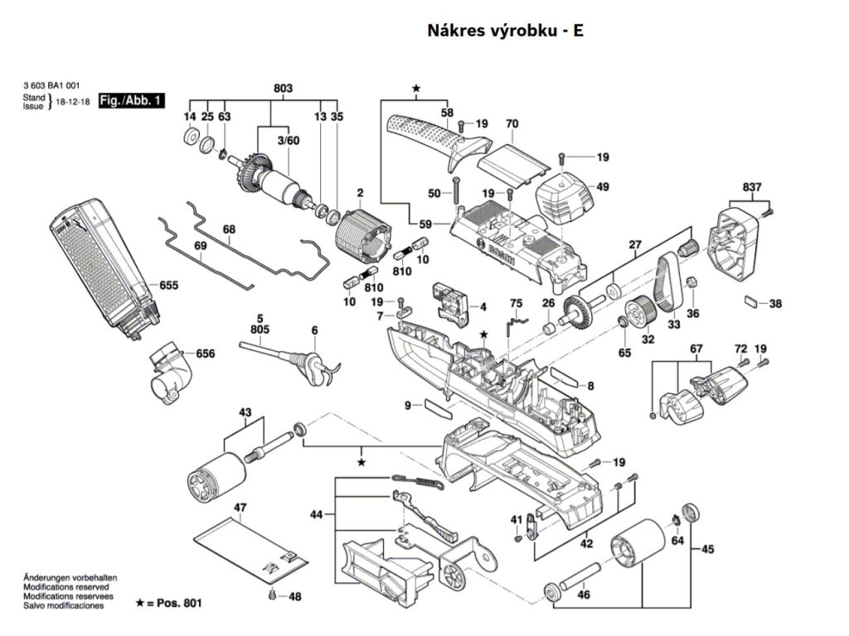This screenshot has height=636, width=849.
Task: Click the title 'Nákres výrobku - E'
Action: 506,31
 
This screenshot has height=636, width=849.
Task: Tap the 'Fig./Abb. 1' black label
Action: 132,101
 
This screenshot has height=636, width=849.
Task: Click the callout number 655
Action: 169,285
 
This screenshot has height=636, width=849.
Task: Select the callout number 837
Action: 752,187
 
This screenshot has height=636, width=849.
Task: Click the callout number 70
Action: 512,124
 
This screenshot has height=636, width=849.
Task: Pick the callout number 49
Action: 602,187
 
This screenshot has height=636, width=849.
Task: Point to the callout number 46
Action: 584,595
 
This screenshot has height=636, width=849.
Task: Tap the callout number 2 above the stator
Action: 360,194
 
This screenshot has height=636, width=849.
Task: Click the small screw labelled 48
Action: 272,595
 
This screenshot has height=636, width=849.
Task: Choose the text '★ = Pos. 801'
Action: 168,603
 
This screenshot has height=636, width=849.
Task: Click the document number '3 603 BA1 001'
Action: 51,84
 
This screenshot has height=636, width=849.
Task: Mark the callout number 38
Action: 775,304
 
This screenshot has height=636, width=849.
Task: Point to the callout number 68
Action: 230,229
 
